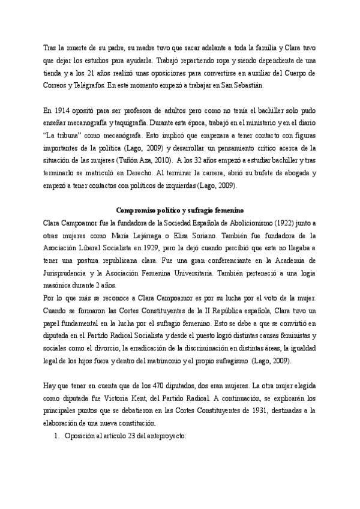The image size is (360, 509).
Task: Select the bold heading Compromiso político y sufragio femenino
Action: click(179, 210)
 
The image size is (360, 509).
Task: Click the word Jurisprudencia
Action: click(69, 273)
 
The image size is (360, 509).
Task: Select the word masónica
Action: click(58, 285)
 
